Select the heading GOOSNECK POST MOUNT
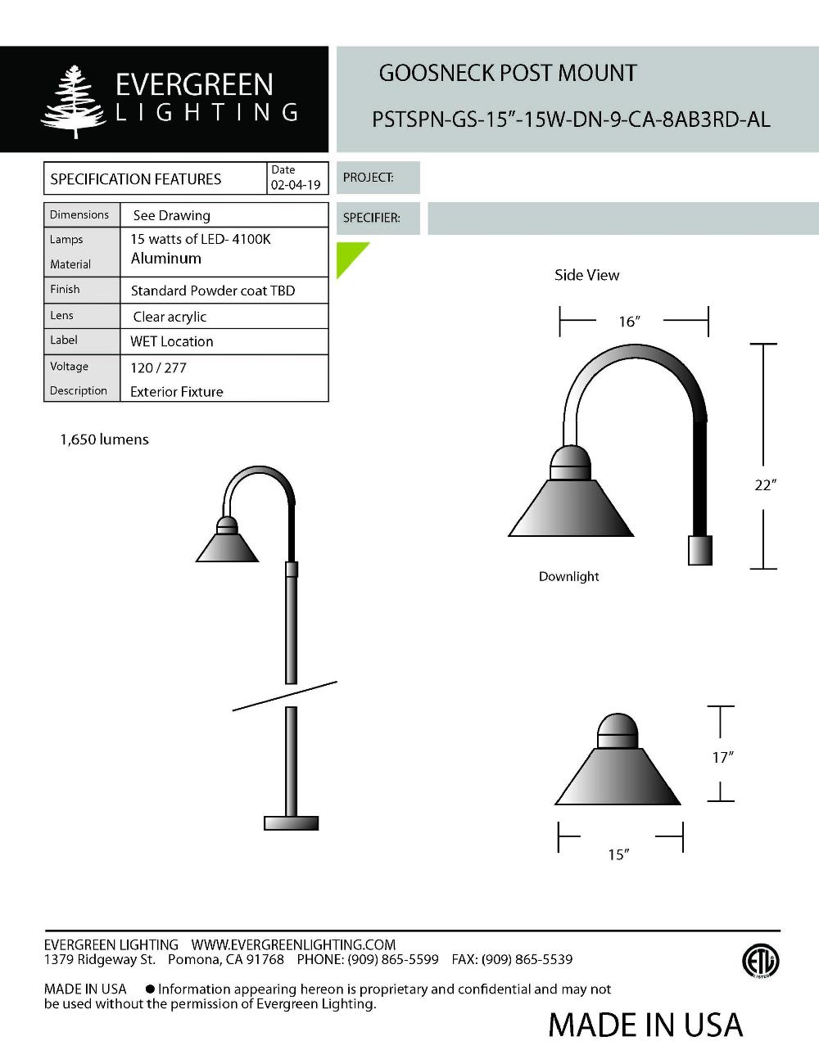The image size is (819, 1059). click(x=508, y=74)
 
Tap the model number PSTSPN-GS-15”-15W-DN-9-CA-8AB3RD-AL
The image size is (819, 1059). click(x=571, y=119)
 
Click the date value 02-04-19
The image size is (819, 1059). click(x=296, y=185)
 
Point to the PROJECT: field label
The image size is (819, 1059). click(x=369, y=178)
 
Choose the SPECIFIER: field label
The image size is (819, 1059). click(x=372, y=219)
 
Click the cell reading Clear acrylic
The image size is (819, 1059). click(x=170, y=317)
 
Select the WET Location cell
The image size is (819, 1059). click(x=172, y=341)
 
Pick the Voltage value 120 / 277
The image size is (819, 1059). click(x=159, y=367)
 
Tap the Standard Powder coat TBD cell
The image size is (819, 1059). click(x=213, y=291)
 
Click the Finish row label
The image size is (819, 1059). click(x=65, y=289)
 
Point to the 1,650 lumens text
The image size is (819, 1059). click(x=104, y=439)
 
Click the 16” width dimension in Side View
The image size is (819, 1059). click(x=628, y=322)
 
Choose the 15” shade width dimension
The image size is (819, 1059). click(x=618, y=854)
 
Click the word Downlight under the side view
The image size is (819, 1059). click(x=568, y=576)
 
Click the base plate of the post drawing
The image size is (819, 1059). click(x=291, y=822)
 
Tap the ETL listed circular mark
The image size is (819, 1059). click(x=760, y=962)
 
